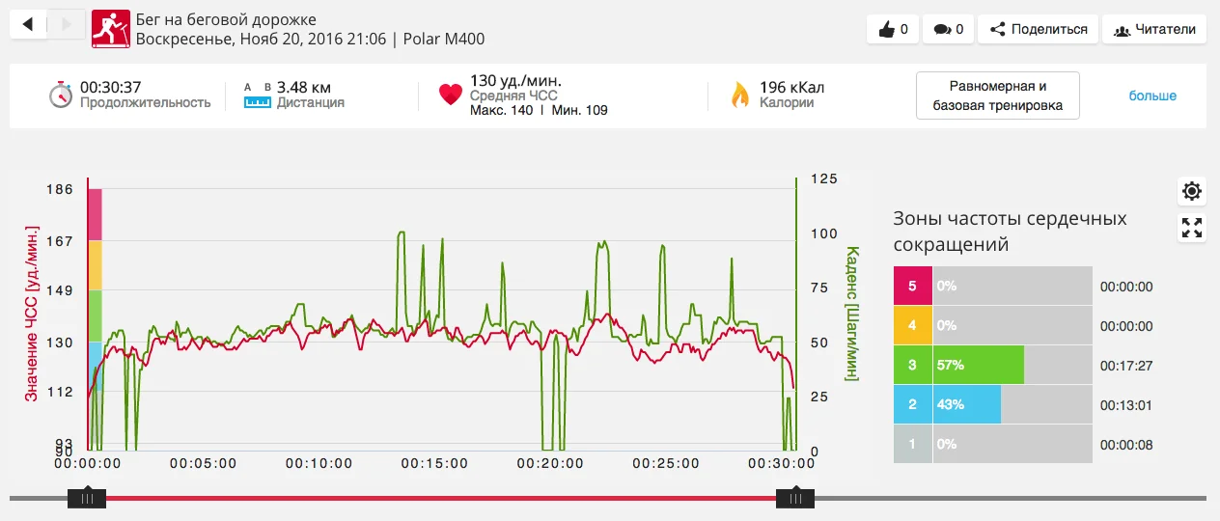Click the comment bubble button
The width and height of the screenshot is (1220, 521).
click(948, 29)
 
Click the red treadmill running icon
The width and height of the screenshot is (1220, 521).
click(109, 29)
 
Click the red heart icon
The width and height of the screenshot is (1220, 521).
click(450, 95)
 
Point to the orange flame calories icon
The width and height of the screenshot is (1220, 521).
click(739, 95)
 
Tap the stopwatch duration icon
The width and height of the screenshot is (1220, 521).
click(61, 95)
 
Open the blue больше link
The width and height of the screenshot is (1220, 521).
click(1152, 96)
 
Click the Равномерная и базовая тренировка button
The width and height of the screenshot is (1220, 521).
click(997, 96)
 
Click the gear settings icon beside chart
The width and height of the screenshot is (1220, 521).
click(1192, 191)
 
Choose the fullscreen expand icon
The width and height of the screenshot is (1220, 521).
click(1192, 228)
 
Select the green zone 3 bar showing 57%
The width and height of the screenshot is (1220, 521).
click(978, 366)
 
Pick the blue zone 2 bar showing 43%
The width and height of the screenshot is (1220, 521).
click(966, 405)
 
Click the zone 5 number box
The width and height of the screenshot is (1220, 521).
click(912, 287)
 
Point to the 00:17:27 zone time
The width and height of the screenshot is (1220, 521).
click(1126, 366)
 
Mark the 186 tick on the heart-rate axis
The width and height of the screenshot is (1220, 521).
click(60, 190)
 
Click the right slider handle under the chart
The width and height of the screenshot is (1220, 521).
click(795, 498)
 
